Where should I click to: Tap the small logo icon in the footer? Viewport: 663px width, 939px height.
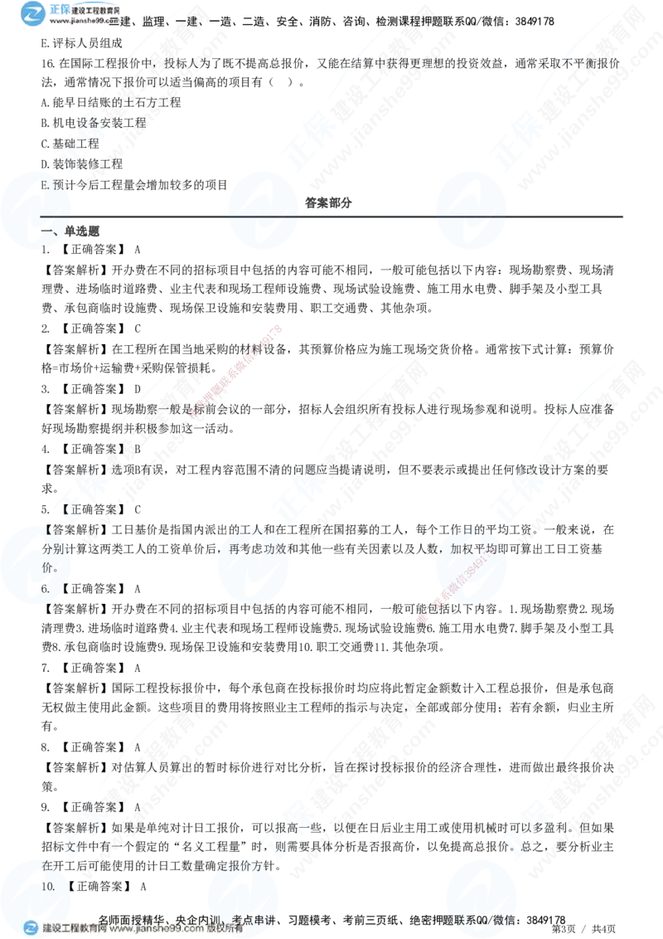click(x=31, y=928)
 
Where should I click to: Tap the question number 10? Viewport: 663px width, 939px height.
click(x=48, y=886)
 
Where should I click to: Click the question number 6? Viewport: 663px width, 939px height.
click(x=47, y=588)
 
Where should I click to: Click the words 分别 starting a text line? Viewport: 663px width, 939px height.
click(x=51, y=549)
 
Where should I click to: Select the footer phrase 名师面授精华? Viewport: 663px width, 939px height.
click(x=133, y=918)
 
